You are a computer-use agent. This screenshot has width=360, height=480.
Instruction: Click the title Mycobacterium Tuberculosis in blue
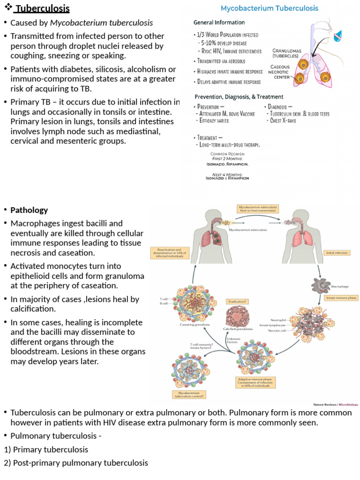click(x=270, y=8)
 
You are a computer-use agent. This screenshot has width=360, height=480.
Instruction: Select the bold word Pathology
click(x=29, y=210)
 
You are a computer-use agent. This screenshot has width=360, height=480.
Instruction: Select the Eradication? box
click(x=238, y=302)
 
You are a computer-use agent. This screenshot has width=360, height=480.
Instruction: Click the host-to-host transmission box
click(x=257, y=209)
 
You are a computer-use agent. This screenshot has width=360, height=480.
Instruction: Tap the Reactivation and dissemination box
click(x=169, y=254)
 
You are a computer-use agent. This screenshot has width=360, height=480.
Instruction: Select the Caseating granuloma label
click(x=194, y=324)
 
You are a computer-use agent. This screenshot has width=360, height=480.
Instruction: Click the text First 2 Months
click(x=229, y=159)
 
